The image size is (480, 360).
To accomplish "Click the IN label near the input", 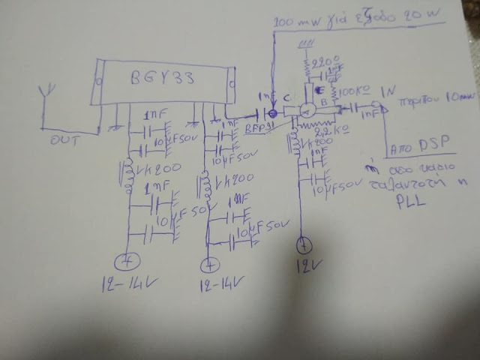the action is [x=388, y=91].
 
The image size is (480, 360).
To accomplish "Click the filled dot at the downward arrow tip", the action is [x=273, y=114].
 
